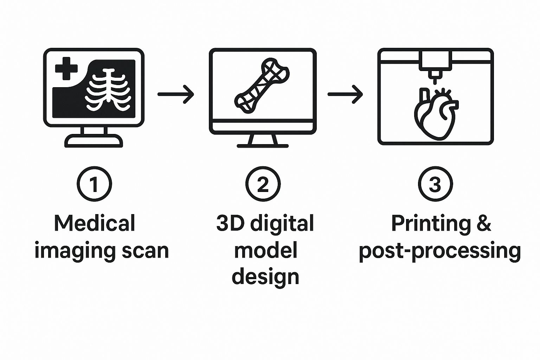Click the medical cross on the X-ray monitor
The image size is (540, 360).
click(66, 69)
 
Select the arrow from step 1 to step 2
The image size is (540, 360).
click(175, 94)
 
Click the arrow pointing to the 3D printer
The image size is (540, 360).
click(345, 94)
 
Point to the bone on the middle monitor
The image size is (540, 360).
click(262, 86)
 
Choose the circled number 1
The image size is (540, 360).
click(94, 184)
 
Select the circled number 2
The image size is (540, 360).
click(263, 184)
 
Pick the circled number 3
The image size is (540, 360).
click(435, 184)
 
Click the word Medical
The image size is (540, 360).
click(94, 223)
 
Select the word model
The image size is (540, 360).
click(265, 250)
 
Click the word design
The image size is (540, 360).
click(265, 277)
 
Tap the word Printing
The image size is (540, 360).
click(431, 224)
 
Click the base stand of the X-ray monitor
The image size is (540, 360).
click(94, 141)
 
